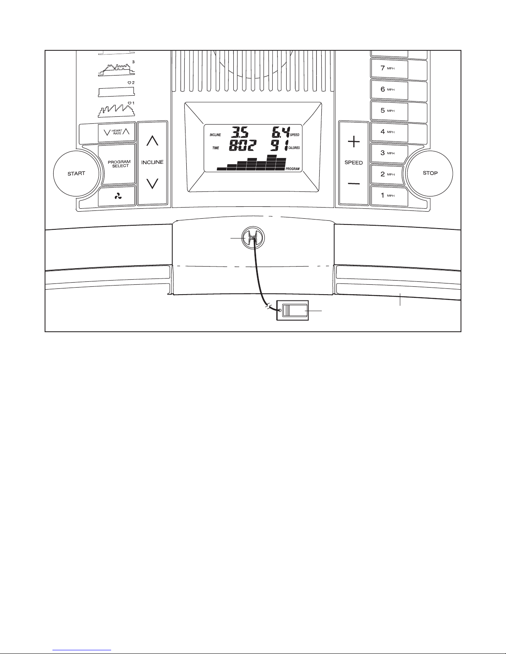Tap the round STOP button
coord(430,173)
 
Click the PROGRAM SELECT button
coord(118,164)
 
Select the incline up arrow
coord(152,141)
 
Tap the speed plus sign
coord(353,142)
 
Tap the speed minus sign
coord(353,184)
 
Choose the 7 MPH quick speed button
coord(389,68)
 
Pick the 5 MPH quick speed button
coord(389,111)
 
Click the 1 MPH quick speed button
coord(389,196)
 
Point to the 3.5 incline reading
coord(240,133)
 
